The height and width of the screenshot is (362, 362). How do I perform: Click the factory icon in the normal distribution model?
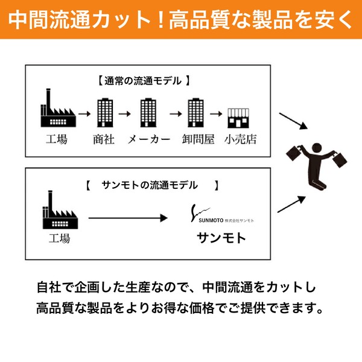[x=58, y=108]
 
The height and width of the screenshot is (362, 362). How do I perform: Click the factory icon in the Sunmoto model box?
[x=60, y=210]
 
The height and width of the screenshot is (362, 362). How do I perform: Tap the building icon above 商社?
[x=105, y=113]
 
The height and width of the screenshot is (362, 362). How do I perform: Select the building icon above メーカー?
[x=148, y=113]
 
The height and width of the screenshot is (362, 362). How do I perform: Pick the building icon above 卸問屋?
[x=195, y=113]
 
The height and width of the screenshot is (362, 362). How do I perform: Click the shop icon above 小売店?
[x=238, y=118]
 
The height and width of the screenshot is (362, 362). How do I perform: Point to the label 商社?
[x=104, y=139]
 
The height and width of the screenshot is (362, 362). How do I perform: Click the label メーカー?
[x=149, y=139]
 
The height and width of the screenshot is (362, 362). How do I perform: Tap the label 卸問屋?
[x=198, y=139]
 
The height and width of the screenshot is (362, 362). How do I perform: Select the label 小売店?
[x=240, y=139]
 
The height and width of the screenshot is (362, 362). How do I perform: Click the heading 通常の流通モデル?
[x=143, y=81]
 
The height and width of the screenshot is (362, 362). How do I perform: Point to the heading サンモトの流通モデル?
[x=150, y=185]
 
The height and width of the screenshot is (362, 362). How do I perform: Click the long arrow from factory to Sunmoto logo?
[x=128, y=218]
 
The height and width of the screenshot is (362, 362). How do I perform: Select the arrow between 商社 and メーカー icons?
[x=125, y=114]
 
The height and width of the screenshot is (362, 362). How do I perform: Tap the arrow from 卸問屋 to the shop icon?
[x=216, y=114]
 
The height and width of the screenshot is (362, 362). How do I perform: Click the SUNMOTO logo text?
[x=211, y=220]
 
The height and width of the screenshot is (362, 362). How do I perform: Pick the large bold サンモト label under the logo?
[x=221, y=238]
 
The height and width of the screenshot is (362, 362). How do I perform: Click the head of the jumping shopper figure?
[x=317, y=148]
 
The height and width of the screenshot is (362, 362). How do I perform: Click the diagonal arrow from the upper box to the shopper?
[x=293, y=121]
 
